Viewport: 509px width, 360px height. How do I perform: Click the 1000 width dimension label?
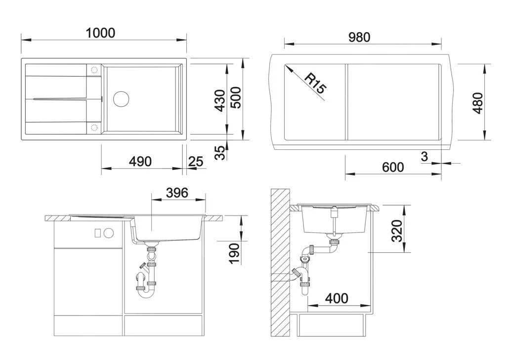[100, 33]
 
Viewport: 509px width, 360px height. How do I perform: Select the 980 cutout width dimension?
[359, 38]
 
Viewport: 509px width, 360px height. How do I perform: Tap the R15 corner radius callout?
[314, 83]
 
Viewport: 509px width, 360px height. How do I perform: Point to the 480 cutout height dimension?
[478, 102]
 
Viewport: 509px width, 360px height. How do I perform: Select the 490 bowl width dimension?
[140, 162]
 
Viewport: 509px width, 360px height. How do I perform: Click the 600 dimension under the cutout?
[393, 167]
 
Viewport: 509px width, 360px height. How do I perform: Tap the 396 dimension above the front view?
[177, 192]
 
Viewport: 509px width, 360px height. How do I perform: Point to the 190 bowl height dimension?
[234, 253]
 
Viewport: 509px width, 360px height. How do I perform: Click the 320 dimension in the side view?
[397, 231]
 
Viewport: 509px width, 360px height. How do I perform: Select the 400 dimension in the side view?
[337, 298]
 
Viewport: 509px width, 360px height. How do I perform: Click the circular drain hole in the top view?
[121, 98]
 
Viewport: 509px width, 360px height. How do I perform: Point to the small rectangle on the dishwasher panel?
[97, 232]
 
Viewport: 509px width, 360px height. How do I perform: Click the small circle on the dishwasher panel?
[108, 232]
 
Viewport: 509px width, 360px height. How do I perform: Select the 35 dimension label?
[221, 152]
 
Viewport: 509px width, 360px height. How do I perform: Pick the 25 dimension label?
[196, 162]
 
